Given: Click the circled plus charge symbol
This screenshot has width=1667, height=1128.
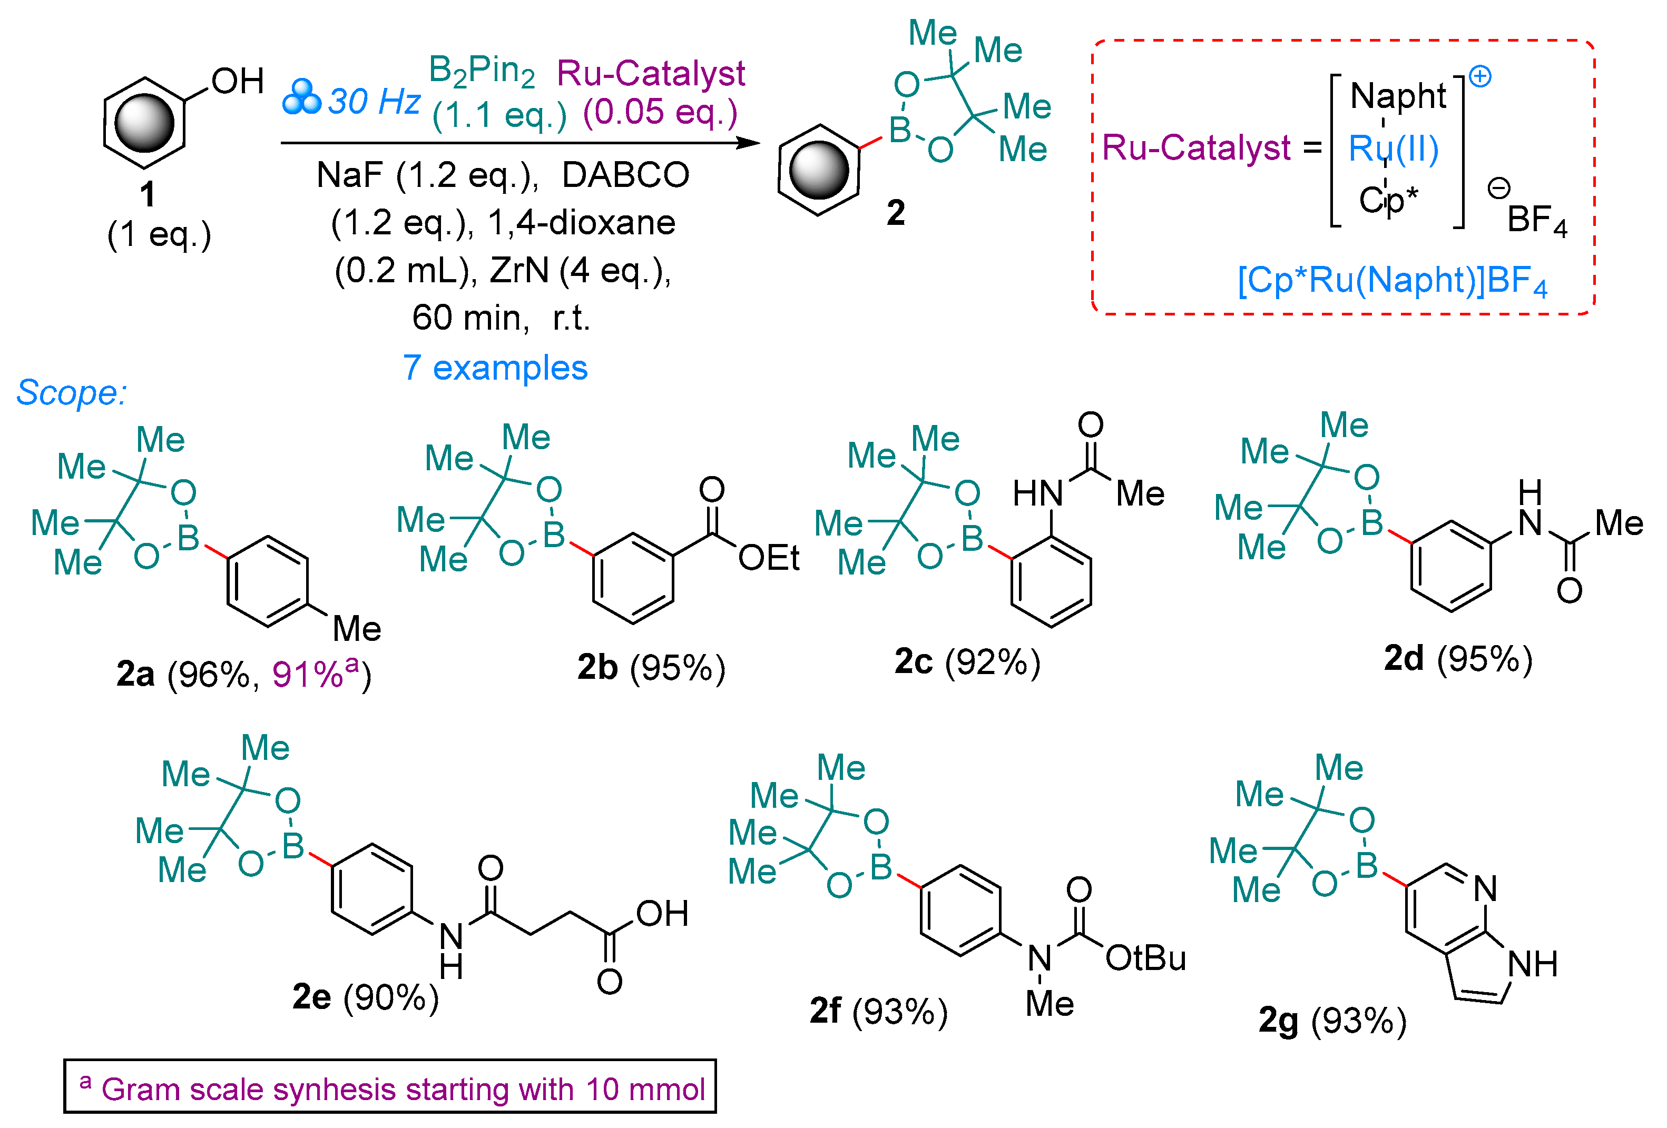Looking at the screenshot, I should pyautogui.click(x=1480, y=76).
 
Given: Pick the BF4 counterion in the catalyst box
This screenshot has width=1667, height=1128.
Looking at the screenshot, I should pyautogui.click(x=1536, y=220).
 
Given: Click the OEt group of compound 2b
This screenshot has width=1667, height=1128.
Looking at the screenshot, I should pyautogui.click(x=768, y=558).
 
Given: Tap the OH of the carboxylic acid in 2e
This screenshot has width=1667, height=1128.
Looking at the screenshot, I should pyautogui.click(x=661, y=913).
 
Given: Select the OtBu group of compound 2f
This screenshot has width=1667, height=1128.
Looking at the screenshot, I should pyautogui.click(x=1145, y=958).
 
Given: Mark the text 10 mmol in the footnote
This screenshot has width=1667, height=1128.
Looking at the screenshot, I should pyautogui.click(x=645, y=1089).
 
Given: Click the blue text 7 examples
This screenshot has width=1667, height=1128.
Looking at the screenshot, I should pyautogui.click(x=495, y=368).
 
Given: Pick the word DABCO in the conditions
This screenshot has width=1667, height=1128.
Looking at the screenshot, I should pyautogui.click(x=625, y=175).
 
